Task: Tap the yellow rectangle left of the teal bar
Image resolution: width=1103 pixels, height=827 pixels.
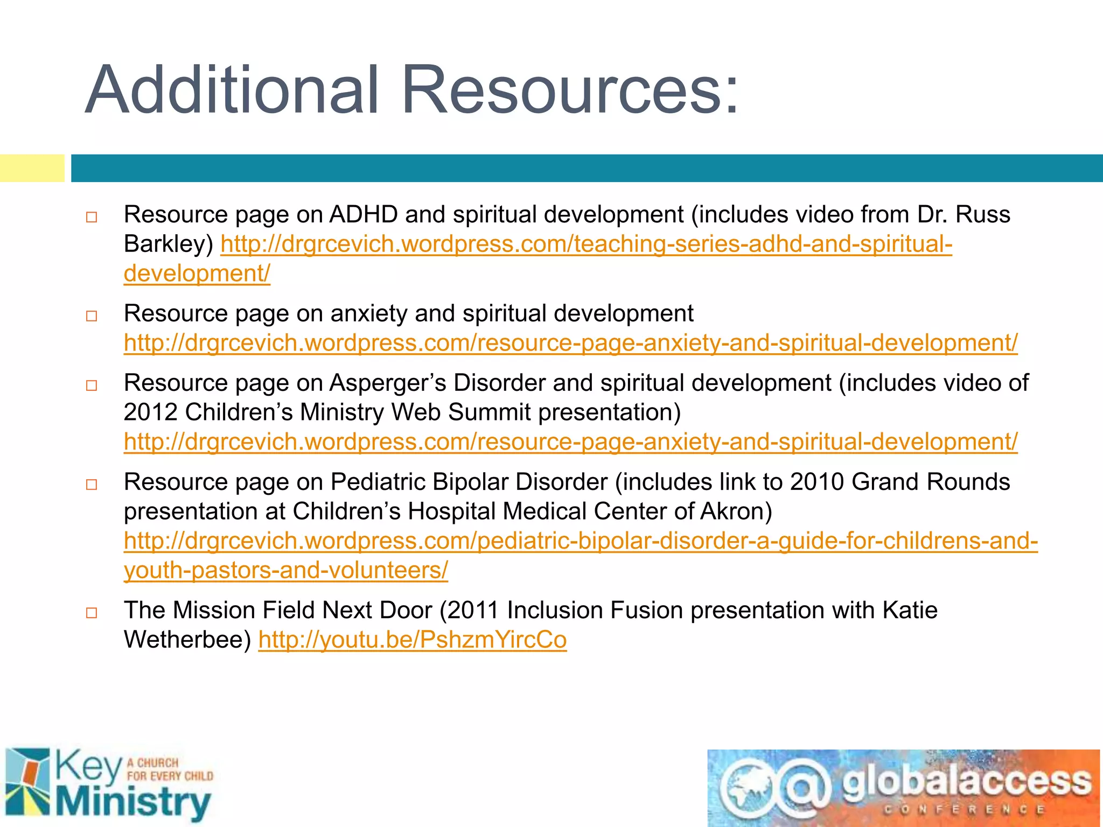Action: click(x=32, y=168)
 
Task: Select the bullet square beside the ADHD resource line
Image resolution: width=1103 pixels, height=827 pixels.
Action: click(x=92, y=218)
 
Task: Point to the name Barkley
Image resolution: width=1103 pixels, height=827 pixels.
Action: click(x=169, y=244)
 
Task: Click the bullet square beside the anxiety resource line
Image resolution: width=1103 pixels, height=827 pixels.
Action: click(x=92, y=316)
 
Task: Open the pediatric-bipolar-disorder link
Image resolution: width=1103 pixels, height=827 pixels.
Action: click(x=581, y=541)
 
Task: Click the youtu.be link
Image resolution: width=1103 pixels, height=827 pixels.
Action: click(x=412, y=640)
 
